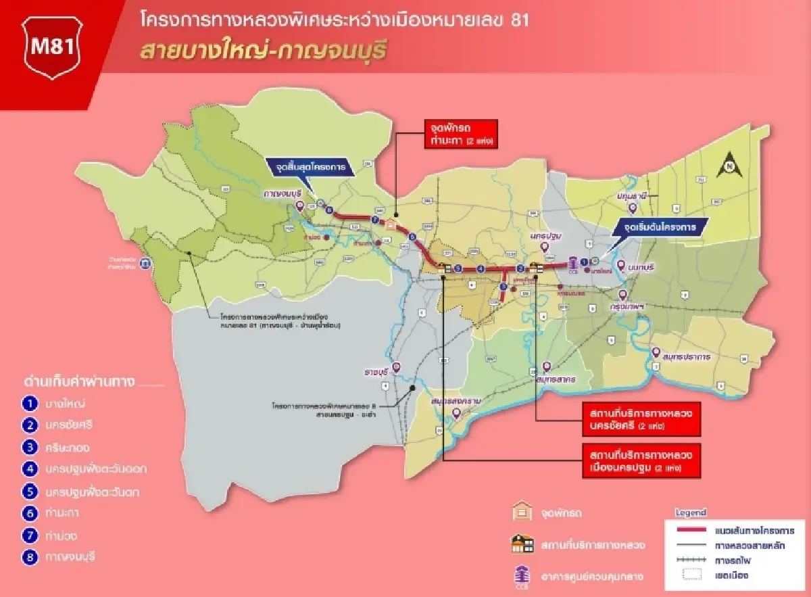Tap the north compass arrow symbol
point(729,163)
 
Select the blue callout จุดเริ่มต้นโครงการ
point(660,227)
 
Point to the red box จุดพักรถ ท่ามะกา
point(460,135)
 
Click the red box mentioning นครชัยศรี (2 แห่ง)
point(641,419)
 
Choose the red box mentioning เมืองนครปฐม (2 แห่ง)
point(641,460)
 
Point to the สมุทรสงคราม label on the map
point(459,402)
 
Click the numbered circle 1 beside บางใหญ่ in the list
point(29,404)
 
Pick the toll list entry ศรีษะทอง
point(68,448)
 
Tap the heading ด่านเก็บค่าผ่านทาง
point(79,382)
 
